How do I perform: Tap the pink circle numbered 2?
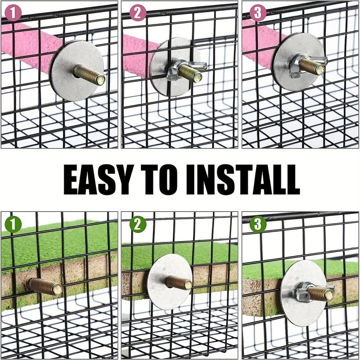pyautogui.click(x=138, y=13)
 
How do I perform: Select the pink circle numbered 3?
pyautogui.click(x=258, y=13)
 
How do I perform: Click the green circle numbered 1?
pyautogui.click(x=13, y=224)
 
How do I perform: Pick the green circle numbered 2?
pyautogui.click(x=138, y=224)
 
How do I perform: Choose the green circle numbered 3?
pyautogui.click(x=258, y=224)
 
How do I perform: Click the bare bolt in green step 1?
pyautogui.click(x=45, y=286)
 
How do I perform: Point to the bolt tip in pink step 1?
pyautogui.click(x=99, y=80)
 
